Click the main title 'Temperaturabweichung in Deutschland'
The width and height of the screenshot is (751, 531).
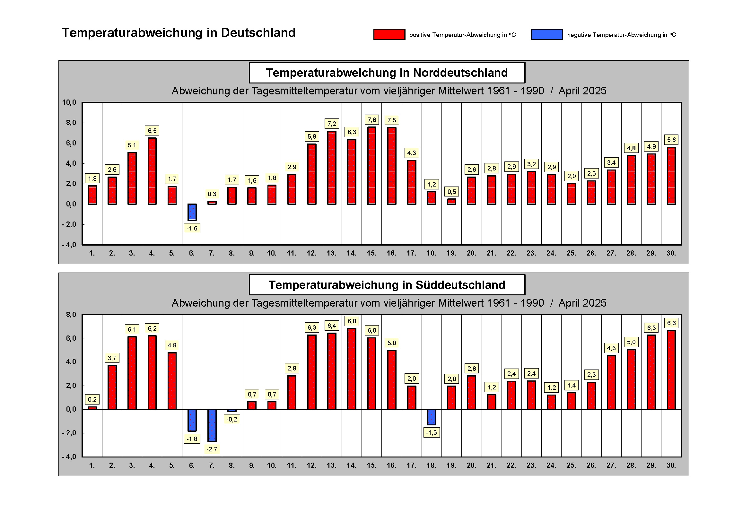point(179,33)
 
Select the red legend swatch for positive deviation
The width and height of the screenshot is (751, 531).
point(389,35)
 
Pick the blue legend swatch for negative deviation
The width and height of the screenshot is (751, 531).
point(546,35)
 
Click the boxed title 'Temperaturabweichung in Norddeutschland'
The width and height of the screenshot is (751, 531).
point(387,73)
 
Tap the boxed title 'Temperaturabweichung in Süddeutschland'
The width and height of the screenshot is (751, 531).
point(387,285)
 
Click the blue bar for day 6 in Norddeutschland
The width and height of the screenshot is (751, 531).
point(192,212)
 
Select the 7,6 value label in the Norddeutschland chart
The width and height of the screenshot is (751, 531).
point(371,120)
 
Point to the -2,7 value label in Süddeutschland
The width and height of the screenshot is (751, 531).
point(212,449)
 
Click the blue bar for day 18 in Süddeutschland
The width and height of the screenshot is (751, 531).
point(432,417)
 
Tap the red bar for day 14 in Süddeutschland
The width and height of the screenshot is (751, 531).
point(352,369)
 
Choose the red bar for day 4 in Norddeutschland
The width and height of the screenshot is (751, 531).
point(152,171)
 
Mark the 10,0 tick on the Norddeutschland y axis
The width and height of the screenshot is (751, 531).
point(69,102)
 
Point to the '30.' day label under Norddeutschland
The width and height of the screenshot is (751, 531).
point(671,253)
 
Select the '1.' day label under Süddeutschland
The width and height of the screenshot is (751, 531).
point(92,465)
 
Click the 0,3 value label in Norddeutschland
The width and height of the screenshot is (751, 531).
point(212,194)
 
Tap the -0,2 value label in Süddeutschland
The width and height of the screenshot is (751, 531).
point(231,419)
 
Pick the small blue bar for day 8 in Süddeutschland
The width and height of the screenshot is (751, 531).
point(232,410)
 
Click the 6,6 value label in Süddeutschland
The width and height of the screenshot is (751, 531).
point(671,323)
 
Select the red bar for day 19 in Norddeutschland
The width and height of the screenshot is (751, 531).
point(451,201)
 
